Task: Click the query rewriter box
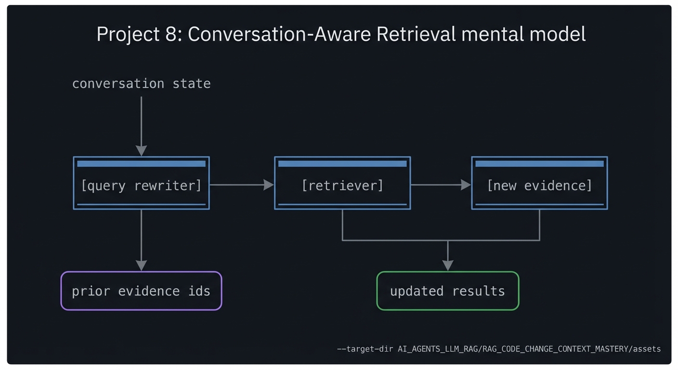(141, 185)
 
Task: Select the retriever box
(342, 185)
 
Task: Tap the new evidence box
(539, 185)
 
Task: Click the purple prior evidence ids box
(141, 291)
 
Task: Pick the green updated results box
(447, 291)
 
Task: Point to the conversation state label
(141, 83)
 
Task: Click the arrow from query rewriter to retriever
(241, 185)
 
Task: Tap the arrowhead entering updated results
(448, 265)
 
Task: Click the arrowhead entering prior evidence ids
(141, 265)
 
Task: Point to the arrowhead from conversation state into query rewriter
(141, 150)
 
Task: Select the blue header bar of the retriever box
(342, 164)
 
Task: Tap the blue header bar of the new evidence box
(539, 164)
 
